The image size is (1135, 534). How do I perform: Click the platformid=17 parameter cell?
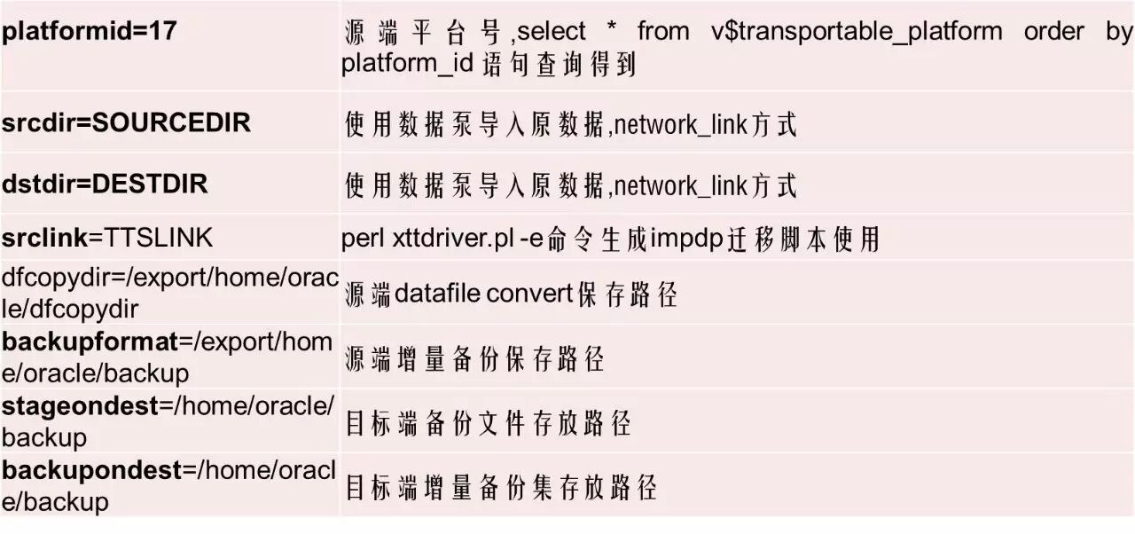(90, 31)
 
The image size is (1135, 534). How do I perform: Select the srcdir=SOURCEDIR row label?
(126, 122)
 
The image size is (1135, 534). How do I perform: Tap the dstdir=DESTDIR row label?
(105, 184)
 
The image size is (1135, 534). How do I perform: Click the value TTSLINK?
(159, 238)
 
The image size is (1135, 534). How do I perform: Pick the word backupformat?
(90, 342)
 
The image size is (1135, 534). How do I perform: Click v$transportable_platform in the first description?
(857, 32)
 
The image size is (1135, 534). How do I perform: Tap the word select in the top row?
(551, 32)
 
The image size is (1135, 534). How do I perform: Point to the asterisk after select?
(611, 32)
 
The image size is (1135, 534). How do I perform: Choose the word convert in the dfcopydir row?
(529, 294)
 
